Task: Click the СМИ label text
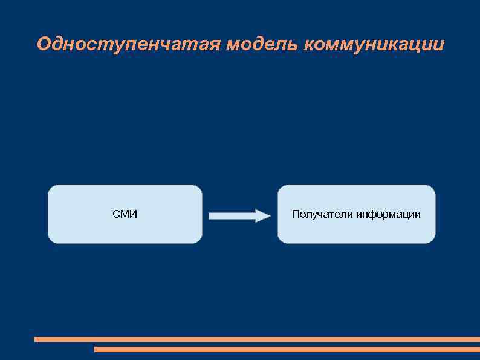[x=125, y=214]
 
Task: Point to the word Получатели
[x=322, y=214]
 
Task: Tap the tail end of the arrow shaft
[x=211, y=215]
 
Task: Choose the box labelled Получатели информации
[x=356, y=233]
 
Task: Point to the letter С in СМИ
[x=116, y=214]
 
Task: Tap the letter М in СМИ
[x=125, y=214]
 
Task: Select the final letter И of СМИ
[x=134, y=214]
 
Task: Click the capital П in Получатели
[x=295, y=214]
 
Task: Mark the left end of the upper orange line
[x=36, y=339]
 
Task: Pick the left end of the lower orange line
[x=96, y=349]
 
